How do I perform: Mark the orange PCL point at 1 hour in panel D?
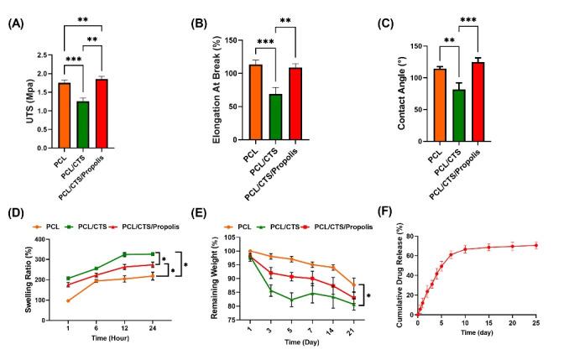click(x=68, y=300)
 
